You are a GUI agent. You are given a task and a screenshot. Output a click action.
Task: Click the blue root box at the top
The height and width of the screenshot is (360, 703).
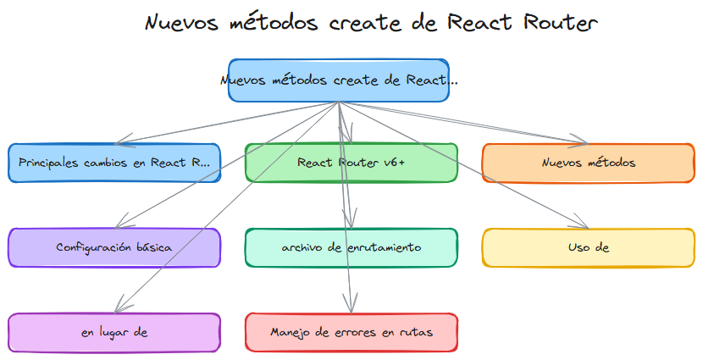[339, 80]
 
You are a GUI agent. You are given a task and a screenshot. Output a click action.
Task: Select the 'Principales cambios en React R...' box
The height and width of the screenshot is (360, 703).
[114, 163]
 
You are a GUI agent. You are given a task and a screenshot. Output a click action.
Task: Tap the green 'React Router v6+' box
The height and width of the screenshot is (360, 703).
[351, 163]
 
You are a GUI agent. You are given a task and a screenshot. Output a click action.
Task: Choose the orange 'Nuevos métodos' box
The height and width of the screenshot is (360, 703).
[588, 163]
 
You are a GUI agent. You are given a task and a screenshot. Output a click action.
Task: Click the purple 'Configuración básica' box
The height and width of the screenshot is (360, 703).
[114, 247]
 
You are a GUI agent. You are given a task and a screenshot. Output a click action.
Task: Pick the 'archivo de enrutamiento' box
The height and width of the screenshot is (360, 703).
[351, 247]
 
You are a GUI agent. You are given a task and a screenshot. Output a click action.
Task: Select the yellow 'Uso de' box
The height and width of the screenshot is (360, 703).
[588, 247]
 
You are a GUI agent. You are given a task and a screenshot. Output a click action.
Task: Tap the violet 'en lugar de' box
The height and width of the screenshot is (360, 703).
[114, 332]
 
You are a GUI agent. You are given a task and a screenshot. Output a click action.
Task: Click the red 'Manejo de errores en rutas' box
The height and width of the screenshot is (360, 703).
[351, 332]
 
